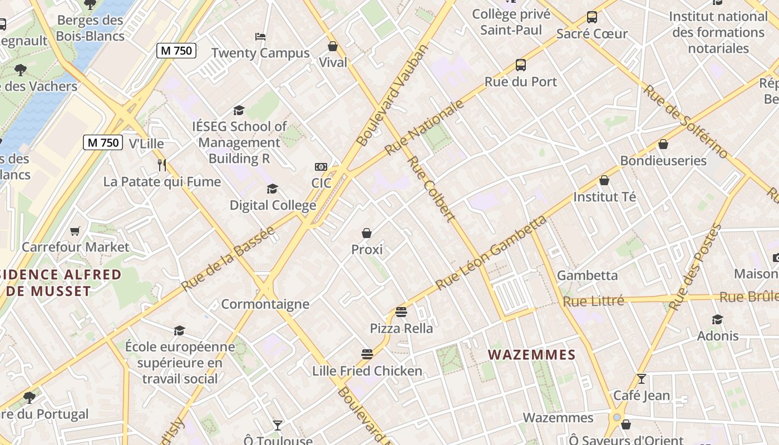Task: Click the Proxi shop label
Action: [x=367, y=250]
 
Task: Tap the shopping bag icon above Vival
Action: [x=333, y=46]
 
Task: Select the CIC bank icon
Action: [x=321, y=167]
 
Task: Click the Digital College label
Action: [x=273, y=205]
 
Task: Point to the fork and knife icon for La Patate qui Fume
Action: [x=162, y=165]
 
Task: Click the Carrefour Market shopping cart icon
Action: [x=75, y=231]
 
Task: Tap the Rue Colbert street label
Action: [x=431, y=190]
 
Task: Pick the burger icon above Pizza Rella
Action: [x=401, y=312]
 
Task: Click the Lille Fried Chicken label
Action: [x=367, y=370]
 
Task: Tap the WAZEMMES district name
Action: [x=531, y=354]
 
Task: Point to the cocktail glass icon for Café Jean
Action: [x=641, y=379]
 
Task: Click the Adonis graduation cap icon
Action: [x=717, y=319]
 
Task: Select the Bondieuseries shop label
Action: [x=663, y=161]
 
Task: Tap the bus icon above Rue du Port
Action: [x=521, y=65]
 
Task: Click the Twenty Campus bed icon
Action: [x=260, y=37]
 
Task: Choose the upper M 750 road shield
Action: [x=176, y=51]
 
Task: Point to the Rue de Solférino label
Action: [x=685, y=121]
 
